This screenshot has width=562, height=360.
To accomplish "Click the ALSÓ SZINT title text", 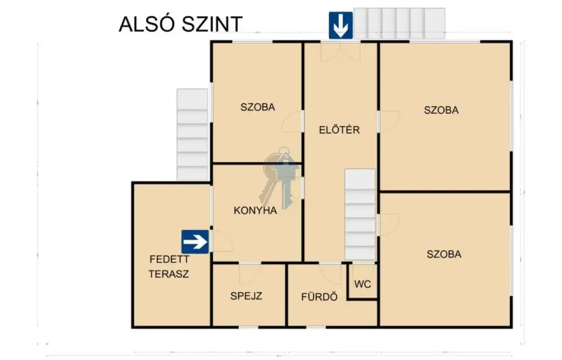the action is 180,24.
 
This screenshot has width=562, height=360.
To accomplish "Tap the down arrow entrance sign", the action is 341,25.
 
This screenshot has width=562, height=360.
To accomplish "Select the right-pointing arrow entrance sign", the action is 195,242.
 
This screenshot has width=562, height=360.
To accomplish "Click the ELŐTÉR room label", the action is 339,130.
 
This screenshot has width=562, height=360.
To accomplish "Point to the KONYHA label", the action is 255,210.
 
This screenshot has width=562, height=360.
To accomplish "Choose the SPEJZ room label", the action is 246,296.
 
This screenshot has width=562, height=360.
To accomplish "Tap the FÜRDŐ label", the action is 319,297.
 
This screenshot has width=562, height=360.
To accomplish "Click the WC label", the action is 362,284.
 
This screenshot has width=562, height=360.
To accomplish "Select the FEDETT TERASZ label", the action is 169,267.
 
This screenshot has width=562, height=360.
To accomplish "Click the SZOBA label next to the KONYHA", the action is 258,107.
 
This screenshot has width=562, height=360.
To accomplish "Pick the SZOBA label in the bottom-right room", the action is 444,254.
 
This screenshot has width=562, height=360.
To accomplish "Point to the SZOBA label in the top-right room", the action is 441,110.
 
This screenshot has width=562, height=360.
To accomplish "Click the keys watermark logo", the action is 280,177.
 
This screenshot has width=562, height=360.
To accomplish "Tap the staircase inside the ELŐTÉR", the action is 360,214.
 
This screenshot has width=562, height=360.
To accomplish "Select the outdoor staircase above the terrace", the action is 192,134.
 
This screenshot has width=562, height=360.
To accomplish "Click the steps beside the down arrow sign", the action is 399,23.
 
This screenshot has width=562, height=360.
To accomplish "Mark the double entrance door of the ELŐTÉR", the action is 340,52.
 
